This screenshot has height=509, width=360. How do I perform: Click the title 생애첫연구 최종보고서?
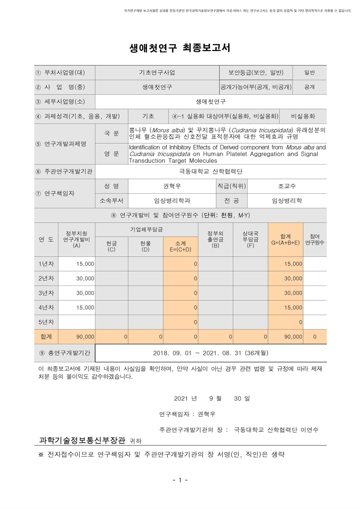click(180, 48)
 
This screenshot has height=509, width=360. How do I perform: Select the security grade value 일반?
click(309, 73)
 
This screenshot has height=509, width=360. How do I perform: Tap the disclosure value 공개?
click(309, 87)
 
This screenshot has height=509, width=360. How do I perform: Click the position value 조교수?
click(287, 186)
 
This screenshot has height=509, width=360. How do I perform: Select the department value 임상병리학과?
click(172, 201)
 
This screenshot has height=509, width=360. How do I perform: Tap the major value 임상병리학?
click(287, 201)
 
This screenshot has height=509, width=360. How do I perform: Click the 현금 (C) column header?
click(112, 246)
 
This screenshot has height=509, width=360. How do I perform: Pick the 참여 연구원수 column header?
click(314, 239)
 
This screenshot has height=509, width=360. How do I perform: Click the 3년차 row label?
click(46, 293)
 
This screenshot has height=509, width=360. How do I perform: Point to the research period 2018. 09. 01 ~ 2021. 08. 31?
click(210, 353)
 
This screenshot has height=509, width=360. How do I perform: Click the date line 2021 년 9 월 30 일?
click(212, 398)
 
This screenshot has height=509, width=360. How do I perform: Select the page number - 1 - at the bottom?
click(180, 480)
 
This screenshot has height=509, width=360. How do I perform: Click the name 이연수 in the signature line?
click(309, 430)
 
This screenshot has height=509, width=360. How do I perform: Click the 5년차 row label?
click(46, 322)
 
